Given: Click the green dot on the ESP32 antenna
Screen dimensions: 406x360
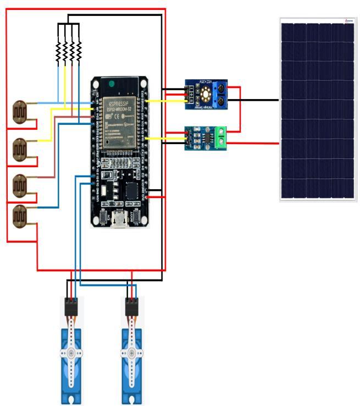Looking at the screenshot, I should [x=112, y=84].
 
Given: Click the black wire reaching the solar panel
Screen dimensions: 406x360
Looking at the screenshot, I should [x=258, y=100].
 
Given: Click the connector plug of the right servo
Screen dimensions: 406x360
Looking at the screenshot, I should [x=131, y=307].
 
